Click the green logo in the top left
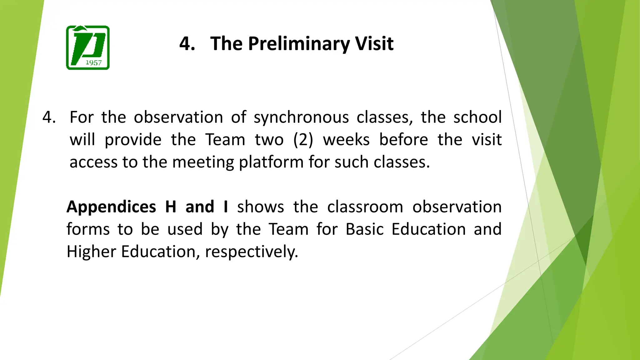[x=88, y=47]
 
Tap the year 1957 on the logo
[x=93, y=63]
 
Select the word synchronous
[x=301, y=117]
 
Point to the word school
[x=477, y=117]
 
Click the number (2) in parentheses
[x=303, y=140]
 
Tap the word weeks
[x=346, y=140]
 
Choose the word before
[x=403, y=140]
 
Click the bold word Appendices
[x=111, y=207]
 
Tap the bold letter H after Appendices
[x=171, y=207]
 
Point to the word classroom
[x=365, y=207]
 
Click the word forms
[x=88, y=229]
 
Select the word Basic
[x=364, y=229]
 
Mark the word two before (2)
[x=269, y=140]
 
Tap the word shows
[x=260, y=207]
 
